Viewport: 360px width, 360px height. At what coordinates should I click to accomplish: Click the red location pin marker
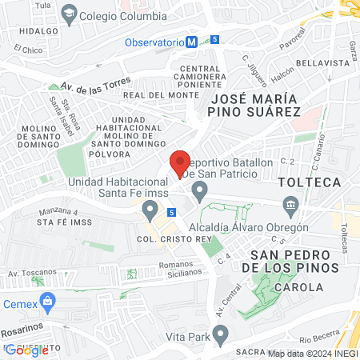pos(181,163)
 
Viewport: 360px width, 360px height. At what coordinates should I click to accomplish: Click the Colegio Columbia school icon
pos(70,13)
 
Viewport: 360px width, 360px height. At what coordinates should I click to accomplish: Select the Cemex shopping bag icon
pos(48,301)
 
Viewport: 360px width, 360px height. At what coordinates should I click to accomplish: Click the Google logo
pos(26,350)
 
